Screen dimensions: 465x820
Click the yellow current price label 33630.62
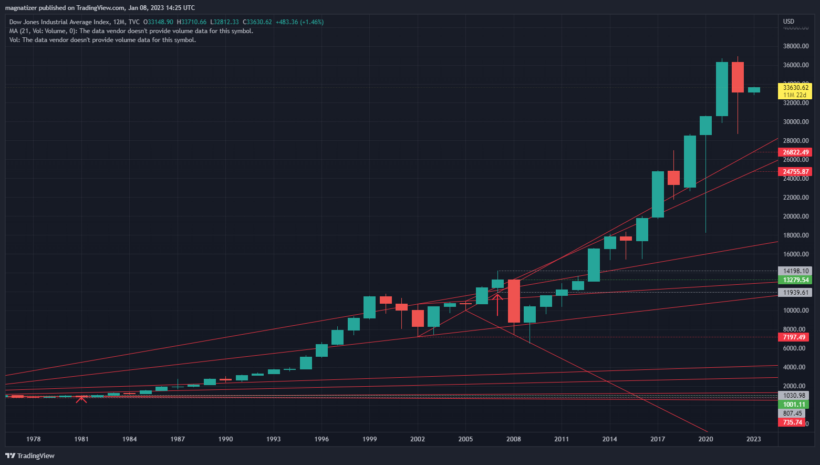[x=795, y=88]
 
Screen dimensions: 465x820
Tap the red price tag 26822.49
[x=795, y=152]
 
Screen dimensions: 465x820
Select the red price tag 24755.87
[x=795, y=172]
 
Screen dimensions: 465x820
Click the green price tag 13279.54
[x=795, y=280]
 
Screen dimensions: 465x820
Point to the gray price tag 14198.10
[x=795, y=271]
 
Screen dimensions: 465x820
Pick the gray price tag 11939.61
[x=795, y=293]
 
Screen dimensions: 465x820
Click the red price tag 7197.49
[x=794, y=337]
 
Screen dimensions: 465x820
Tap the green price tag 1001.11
[x=794, y=405]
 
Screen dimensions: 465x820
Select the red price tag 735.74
[x=792, y=422]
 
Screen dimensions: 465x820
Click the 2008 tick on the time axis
[x=514, y=439]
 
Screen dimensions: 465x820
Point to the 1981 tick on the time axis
[x=81, y=439]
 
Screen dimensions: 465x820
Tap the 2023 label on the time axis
[x=754, y=439]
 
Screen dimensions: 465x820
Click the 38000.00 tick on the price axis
[x=795, y=46]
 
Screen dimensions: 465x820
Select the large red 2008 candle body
[x=514, y=301]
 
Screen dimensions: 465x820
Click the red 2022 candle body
[x=738, y=77]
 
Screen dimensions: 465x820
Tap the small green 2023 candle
[x=754, y=90]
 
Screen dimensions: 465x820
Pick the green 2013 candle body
[x=594, y=265]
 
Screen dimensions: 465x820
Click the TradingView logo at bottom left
[x=30, y=456]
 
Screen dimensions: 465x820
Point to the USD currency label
[x=788, y=22]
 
